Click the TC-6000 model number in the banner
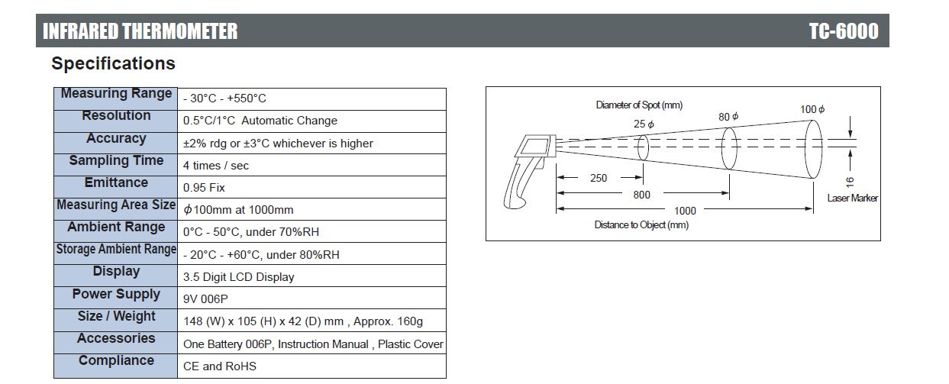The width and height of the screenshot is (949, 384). coord(844,31)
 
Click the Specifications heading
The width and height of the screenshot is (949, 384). coord(113,63)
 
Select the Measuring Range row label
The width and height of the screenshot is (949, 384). coord(116,93)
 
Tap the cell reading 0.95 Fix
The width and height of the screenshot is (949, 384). coord(204,188)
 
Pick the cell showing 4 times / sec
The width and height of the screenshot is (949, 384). coord(215,166)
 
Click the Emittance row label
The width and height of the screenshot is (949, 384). coord(116,182)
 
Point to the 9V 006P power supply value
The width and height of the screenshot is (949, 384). coord(205,299)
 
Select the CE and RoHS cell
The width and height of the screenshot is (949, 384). coord(219,366)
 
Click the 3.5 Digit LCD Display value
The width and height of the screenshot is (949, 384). coord(238,277)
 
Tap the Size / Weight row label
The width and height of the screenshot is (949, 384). coord(116,316)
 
